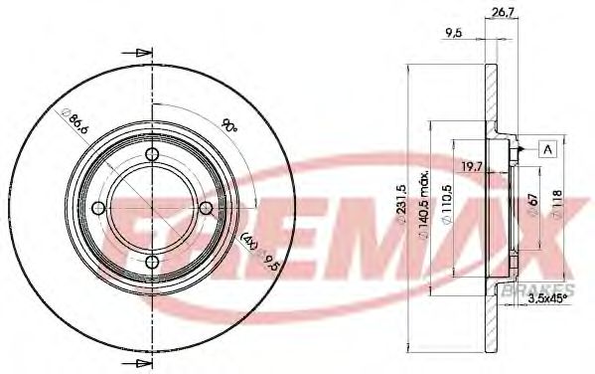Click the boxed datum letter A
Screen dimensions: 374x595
click(547, 148)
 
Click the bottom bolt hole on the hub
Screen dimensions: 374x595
click(151, 261)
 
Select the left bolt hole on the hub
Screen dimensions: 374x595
click(98, 208)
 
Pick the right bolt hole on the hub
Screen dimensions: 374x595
click(204, 208)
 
